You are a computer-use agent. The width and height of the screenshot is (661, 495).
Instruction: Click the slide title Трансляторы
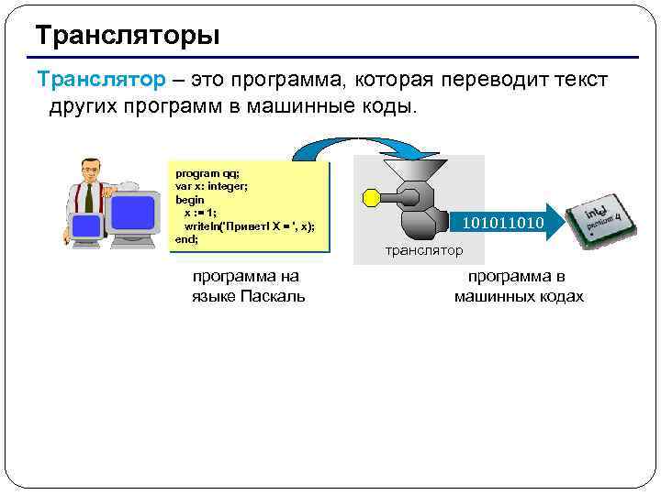pyautogui.click(x=128, y=37)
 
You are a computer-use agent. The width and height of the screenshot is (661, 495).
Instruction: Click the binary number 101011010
pyautogui.click(x=502, y=223)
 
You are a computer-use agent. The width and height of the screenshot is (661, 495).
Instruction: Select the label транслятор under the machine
pyautogui.click(x=424, y=250)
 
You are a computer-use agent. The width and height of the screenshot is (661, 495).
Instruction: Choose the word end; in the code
pyautogui.click(x=186, y=238)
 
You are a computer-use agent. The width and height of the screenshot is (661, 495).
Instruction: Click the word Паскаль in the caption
pyautogui.click(x=273, y=296)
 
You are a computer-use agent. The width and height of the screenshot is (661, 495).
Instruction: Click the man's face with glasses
pyautogui.click(x=90, y=170)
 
